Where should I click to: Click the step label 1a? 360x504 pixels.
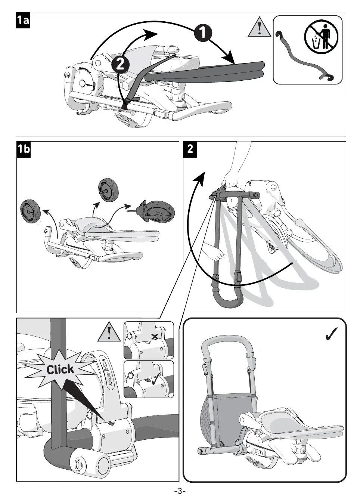[x=23, y=20]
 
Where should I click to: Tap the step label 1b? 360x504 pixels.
[x=24, y=149]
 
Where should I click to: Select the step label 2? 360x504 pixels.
[x=190, y=149]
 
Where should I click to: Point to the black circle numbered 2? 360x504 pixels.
[x=120, y=64]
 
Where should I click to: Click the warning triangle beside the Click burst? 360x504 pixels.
[x=109, y=331]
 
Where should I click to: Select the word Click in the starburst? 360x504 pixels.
[x=60, y=370]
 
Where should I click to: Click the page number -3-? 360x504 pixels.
[x=180, y=491]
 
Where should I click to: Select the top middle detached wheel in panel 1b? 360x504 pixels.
[x=108, y=189]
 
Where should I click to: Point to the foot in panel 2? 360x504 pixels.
[x=214, y=251]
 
